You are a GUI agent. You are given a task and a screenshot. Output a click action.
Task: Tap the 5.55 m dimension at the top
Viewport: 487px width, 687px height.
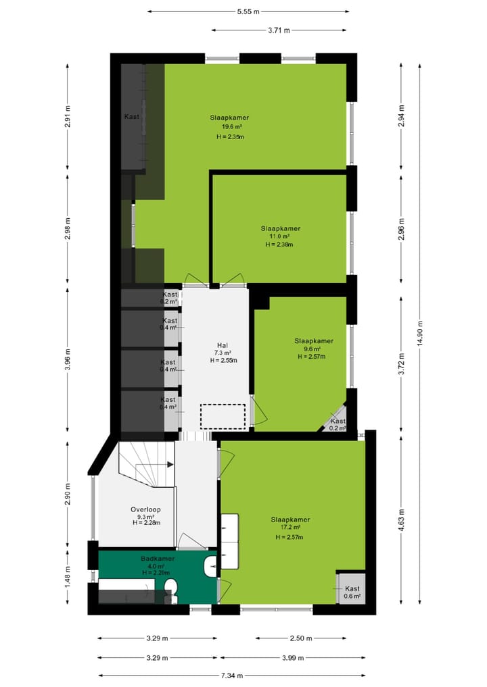coord(248,11)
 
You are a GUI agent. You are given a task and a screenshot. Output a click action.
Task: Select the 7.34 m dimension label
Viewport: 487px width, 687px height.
coord(231,675)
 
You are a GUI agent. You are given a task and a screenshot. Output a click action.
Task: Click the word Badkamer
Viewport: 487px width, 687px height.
coord(158,559)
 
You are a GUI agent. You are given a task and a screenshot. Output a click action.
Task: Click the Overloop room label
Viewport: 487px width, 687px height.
coord(145,509)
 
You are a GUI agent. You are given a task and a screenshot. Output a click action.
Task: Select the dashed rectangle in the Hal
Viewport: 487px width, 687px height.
coord(223,416)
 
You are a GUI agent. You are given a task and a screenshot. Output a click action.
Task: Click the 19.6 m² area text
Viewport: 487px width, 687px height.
coord(230,126)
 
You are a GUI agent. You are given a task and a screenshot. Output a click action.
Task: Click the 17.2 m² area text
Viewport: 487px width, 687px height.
coord(290,528)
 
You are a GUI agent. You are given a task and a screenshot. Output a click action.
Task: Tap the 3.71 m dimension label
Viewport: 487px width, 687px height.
coord(278,30)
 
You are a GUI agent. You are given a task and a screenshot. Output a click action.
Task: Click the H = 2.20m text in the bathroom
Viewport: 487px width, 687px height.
coord(158,573)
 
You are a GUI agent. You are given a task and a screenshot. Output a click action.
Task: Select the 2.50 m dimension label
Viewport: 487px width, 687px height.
coord(301,638)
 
